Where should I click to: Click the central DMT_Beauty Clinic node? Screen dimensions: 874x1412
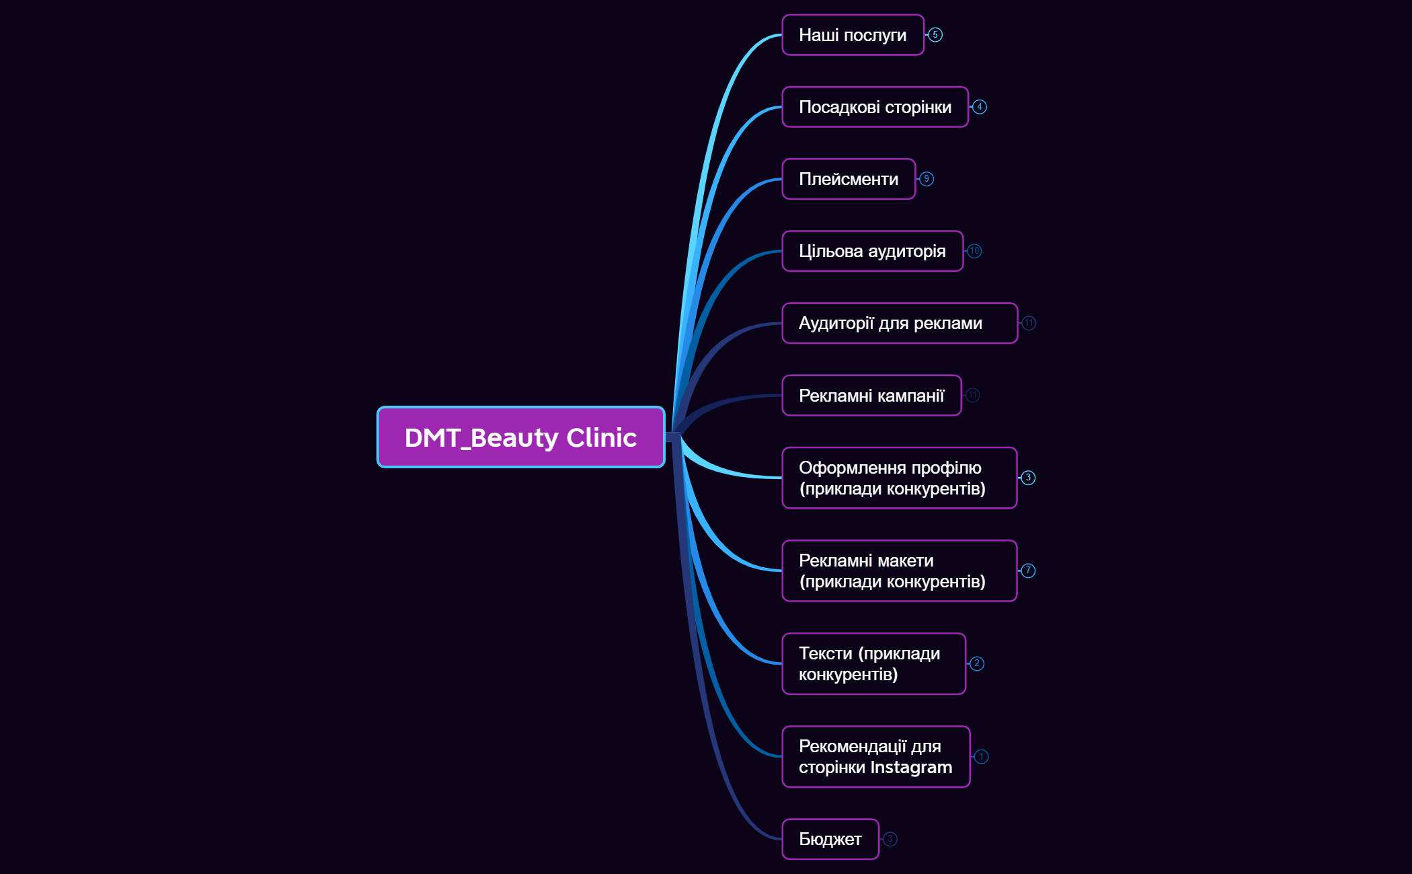click(x=520, y=437)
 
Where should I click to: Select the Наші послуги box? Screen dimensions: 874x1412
click(x=853, y=35)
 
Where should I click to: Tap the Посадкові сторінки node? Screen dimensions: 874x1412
click(x=875, y=107)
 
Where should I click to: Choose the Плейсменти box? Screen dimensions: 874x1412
click(x=849, y=179)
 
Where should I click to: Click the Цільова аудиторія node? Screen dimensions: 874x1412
click(x=872, y=251)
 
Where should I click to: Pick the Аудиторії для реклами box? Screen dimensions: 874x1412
click(x=899, y=324)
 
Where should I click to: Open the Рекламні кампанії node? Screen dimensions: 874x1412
click(x=871, y=396)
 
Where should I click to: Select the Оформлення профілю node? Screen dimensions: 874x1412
click(x=899, y=478)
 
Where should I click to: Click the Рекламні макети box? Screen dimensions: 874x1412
click(x=899, y=571)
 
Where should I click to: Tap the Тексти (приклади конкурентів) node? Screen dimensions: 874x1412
click(x=873, y=663)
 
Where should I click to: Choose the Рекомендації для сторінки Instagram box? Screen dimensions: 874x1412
click(x=875, y=756)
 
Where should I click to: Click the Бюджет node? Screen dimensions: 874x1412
click(x=830, y=839)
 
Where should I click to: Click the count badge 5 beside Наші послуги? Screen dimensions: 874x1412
click(x=935, y=35)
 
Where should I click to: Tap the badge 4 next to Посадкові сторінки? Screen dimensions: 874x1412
click(x=980, y=107)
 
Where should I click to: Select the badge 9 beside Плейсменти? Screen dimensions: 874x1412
click(x=927, y=179)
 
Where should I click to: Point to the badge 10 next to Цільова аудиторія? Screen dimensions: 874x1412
click(x=974, y=251)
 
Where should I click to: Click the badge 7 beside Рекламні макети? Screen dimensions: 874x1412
click(x=1028, y=571)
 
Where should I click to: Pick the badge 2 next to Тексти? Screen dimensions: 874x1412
click(x=977, y=663)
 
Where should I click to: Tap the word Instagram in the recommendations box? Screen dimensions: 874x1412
click(x=911, y=768)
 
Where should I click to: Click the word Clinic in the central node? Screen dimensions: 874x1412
click(x=601, y=438)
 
